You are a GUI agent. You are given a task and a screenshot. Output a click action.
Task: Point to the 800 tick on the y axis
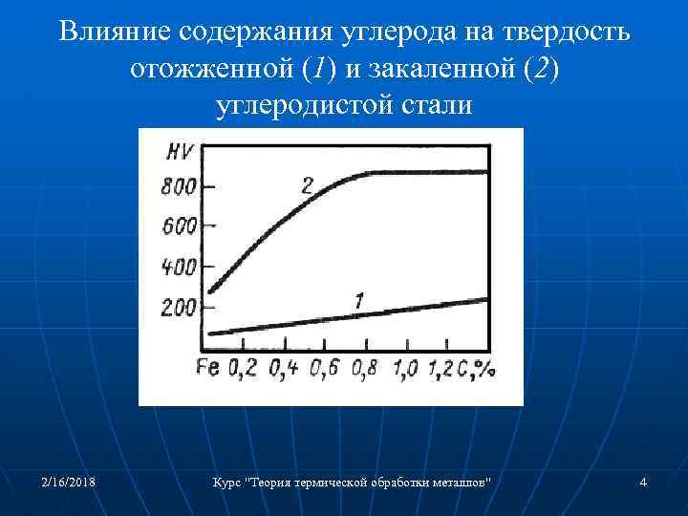pos(179,186)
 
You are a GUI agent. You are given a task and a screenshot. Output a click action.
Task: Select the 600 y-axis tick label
pos(179,226)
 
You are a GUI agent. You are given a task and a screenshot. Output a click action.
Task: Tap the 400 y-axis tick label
pos(179,267)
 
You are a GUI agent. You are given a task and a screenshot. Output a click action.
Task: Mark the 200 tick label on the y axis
pos(179,308)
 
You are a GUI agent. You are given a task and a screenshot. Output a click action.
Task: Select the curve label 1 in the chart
pos(357,301)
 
